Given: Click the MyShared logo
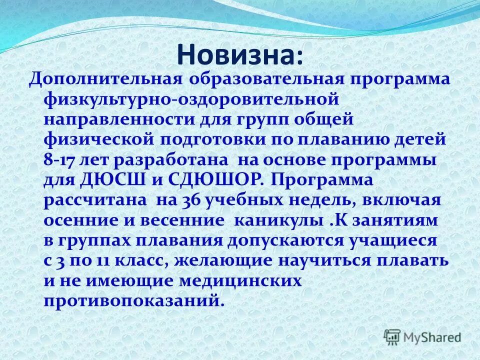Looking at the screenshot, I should [x=422, y=336].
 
